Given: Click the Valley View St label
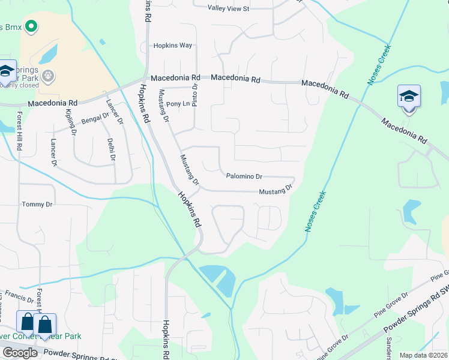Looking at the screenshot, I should (228, 8).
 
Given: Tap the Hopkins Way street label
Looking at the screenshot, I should (172, 46).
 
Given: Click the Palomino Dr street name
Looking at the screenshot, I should (244, 176).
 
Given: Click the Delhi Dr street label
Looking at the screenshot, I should (110, 149).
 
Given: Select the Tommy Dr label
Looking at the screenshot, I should (37, 205).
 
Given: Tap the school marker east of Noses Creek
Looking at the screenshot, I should (409, 96).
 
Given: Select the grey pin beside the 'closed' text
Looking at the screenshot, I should (49, 76).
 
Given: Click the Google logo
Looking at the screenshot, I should (20, 353).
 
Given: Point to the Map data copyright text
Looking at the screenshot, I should (423, 355).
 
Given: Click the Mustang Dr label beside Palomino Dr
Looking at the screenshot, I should (275, 191).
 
